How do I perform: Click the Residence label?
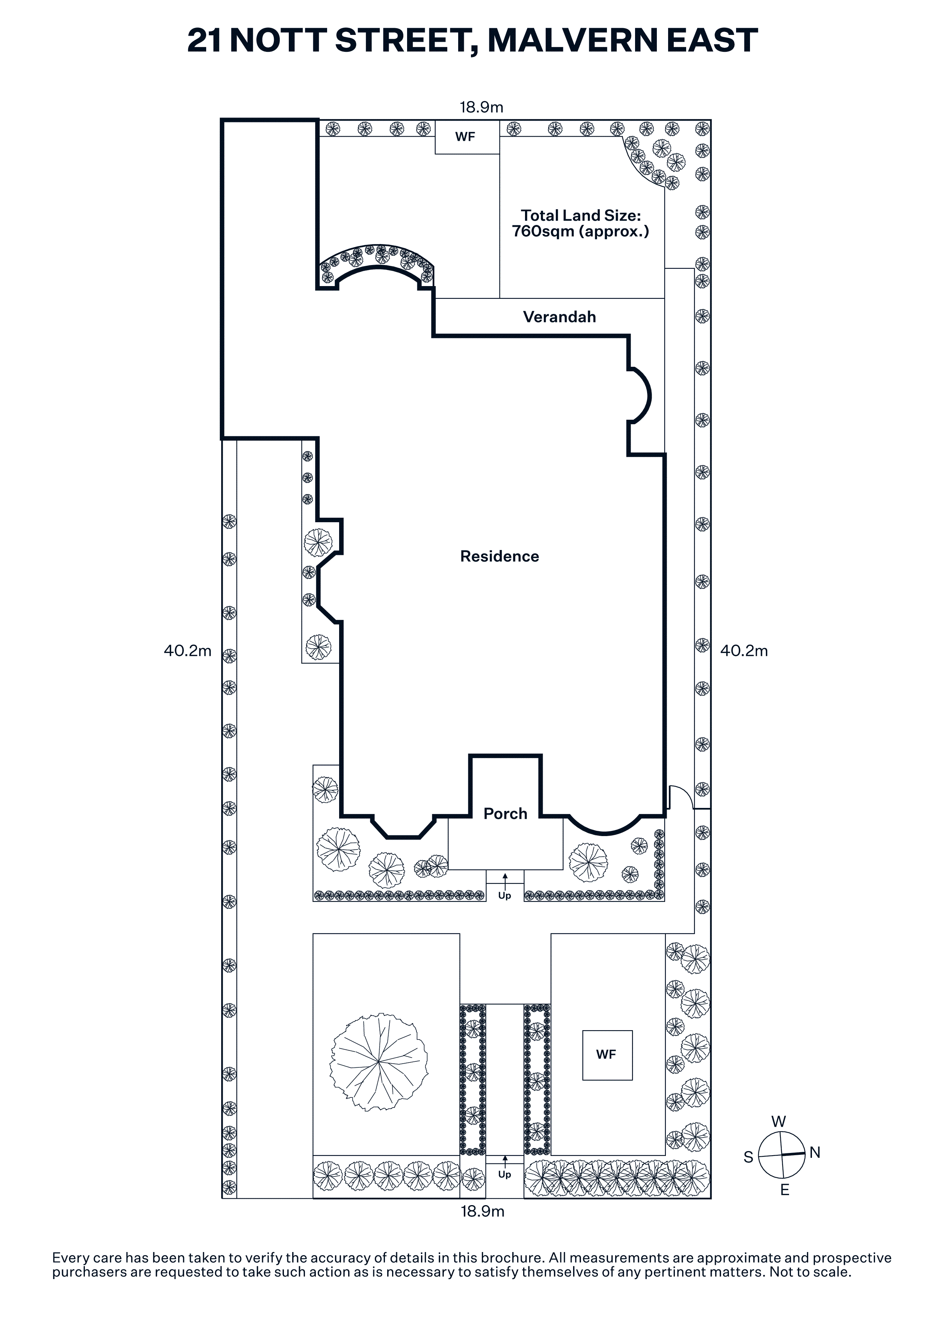(x=499, y=556)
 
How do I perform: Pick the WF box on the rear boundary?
(x=466, y=137)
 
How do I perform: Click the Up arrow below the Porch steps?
(x=505, y=880)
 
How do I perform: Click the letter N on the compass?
(x=815, y=1153)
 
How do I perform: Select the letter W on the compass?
(x=779, y=1122)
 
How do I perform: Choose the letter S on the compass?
(x=748, y=1157)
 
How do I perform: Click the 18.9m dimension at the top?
(x=481, y=107)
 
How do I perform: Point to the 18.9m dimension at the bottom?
(x=483, y=1212)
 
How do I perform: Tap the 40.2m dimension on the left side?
(x=187, y=651)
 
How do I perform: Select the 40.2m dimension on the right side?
(x=744, y=651)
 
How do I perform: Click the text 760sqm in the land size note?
(x=543, y=232)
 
